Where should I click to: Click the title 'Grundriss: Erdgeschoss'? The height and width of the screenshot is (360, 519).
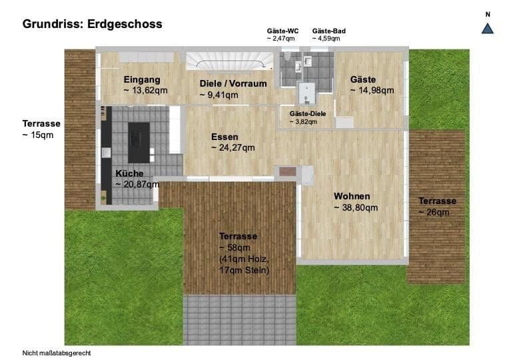[92, 24]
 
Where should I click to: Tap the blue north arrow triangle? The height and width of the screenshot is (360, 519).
[487, 27]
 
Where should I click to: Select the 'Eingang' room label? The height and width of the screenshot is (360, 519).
[142, 79]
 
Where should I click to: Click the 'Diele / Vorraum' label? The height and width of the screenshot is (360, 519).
[233, 84]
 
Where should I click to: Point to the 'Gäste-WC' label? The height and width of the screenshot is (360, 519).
[282, 31]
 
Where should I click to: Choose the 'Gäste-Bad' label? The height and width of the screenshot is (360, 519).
[328, 31]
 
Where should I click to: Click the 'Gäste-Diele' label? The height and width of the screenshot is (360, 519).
[307, 113]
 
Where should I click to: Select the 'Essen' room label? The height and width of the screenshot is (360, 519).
[225, 136]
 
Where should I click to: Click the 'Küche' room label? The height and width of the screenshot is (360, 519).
[129, 173]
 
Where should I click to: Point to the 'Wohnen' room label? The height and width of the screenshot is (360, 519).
[352, 197]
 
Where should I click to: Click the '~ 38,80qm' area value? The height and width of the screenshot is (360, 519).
[356, 207]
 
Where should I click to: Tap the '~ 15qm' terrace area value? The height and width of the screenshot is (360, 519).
[38, 135]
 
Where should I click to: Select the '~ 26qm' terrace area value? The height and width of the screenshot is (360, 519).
[434, 212]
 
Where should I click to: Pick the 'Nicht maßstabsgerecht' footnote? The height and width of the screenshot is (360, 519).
[57, 353]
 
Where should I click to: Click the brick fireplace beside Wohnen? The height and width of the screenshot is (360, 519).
[287, 171]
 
